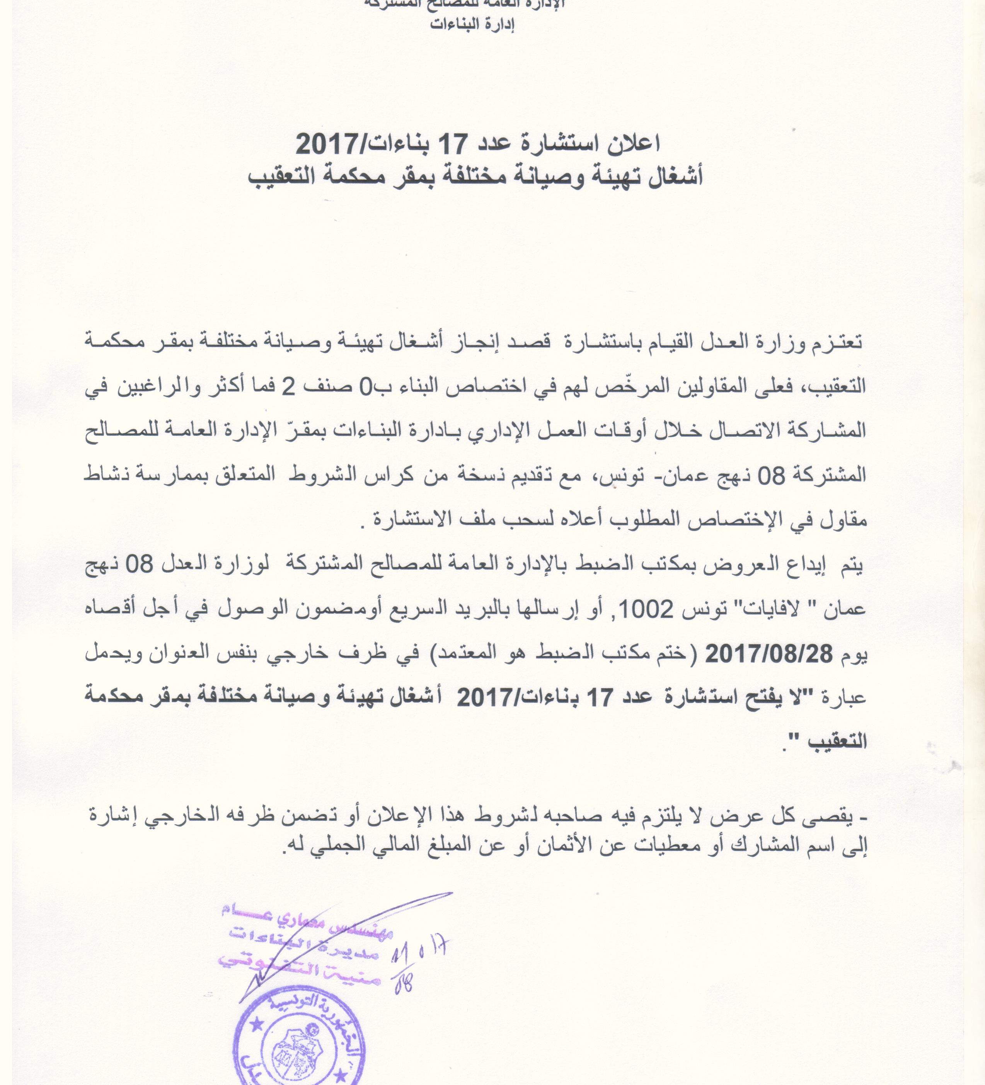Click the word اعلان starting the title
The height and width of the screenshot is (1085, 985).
point(634,143)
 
